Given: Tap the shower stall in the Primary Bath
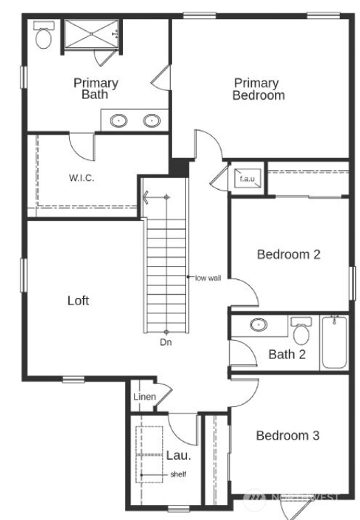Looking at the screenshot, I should pyautogui.click(x=92, y=34).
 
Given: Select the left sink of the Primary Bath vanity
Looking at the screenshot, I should pyautogui.click(x=118, y=121).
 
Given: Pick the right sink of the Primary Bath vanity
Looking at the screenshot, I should pyautogui.click(x=152, y=121).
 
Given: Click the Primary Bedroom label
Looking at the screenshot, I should pyautogui.click(x=258, y=89).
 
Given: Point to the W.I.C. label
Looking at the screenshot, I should pyautogui.click(x=82, y=178).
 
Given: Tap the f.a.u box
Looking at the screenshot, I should pyautogui.click(x=247, y=178).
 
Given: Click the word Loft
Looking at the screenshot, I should pyautogui.click(x=78, y=300).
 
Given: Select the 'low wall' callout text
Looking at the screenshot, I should pyautogui.click(x=208, y=278).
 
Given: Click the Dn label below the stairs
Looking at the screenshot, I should pyautogui.click(x=166, y=342).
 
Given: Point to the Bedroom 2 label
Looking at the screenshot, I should pyautogui.click(x=289, y=254).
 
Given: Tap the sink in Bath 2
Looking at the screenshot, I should pyautogui.click(x=259, y=324).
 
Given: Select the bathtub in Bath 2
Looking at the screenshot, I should pyautogui.click(x=334, y=342).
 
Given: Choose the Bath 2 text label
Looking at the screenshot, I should pyautogui.click(x=287, y=354).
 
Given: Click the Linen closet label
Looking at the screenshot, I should pyautogui.click(x=144, y=397).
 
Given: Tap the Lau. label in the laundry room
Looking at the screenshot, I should pyautogui.click(x=179, y=455).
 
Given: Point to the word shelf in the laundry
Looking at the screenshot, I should pyautogui.click(x=178, y=474).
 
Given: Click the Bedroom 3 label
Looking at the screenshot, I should pyautogui.click(x=288, y=436).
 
